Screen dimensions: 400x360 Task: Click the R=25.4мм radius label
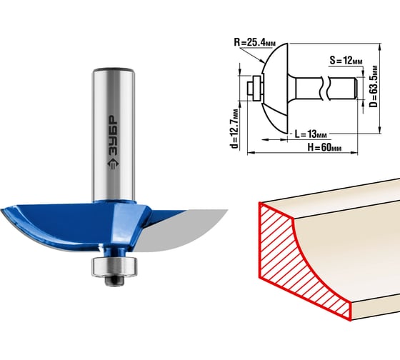pos(254,42)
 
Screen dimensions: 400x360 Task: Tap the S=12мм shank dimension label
pos(346,61)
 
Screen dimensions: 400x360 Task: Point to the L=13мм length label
pos(311,134)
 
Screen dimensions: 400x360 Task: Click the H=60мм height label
pos(324,147)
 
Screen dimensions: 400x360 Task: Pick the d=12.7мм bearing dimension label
pos(234,129)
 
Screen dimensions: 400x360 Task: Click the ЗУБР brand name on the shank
pos(113,136)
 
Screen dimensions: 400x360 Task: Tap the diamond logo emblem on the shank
pos(113,164)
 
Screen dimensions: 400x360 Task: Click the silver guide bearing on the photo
pos(114,267)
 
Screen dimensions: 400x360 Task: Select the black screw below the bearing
pos(114,281)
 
